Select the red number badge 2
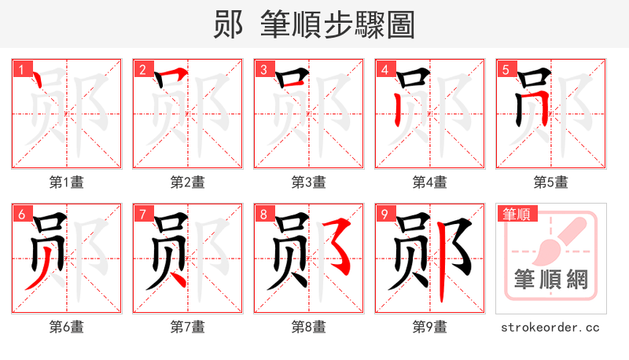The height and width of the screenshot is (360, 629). [x=143, y=69]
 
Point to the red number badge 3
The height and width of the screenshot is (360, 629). [x=264, y=69]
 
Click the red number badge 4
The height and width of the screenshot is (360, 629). [x=385, y=69]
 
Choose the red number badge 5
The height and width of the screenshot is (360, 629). [x=506, y=69]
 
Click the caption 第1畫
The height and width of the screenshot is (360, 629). [x=67, y=182]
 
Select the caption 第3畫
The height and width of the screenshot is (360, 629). [x=309, y=182]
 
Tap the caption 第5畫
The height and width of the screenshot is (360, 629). [x=551, y=182]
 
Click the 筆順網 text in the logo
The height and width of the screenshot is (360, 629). [x=551, y=280]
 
